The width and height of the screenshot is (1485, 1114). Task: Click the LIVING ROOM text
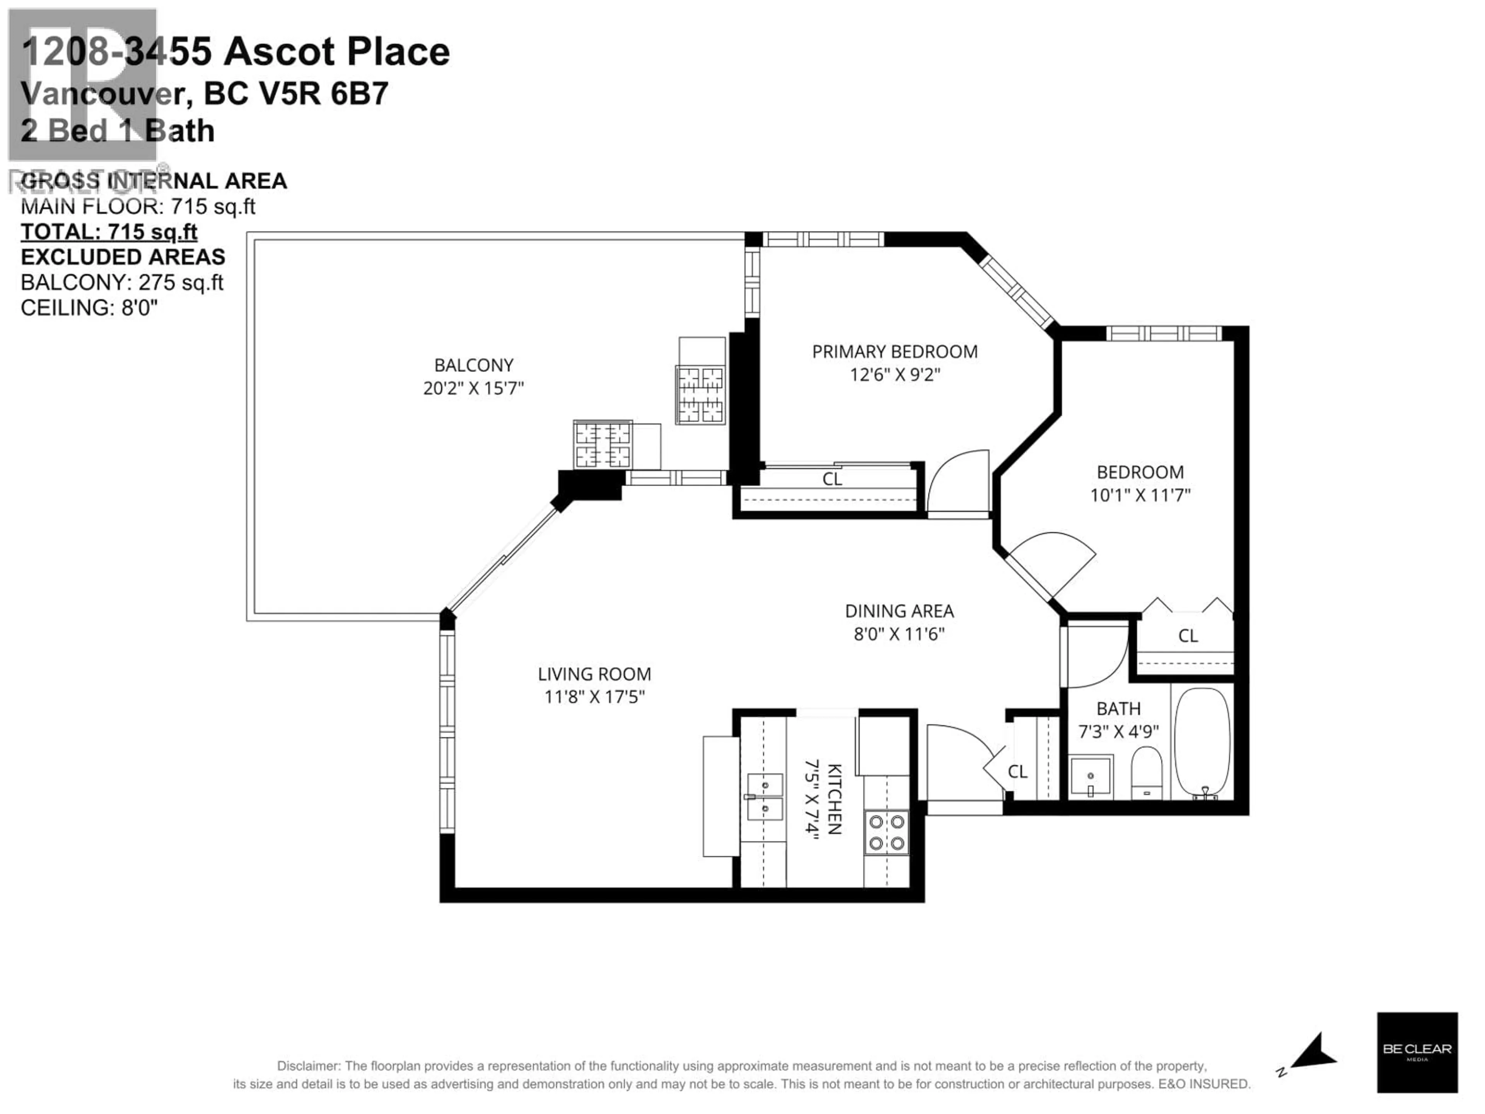pos(594,674)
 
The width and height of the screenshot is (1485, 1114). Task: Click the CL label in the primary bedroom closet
pos(832,479)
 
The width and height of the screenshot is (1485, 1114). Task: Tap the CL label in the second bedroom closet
pos(1188,635)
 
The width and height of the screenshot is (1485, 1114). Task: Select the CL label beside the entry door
pos(1017,772)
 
